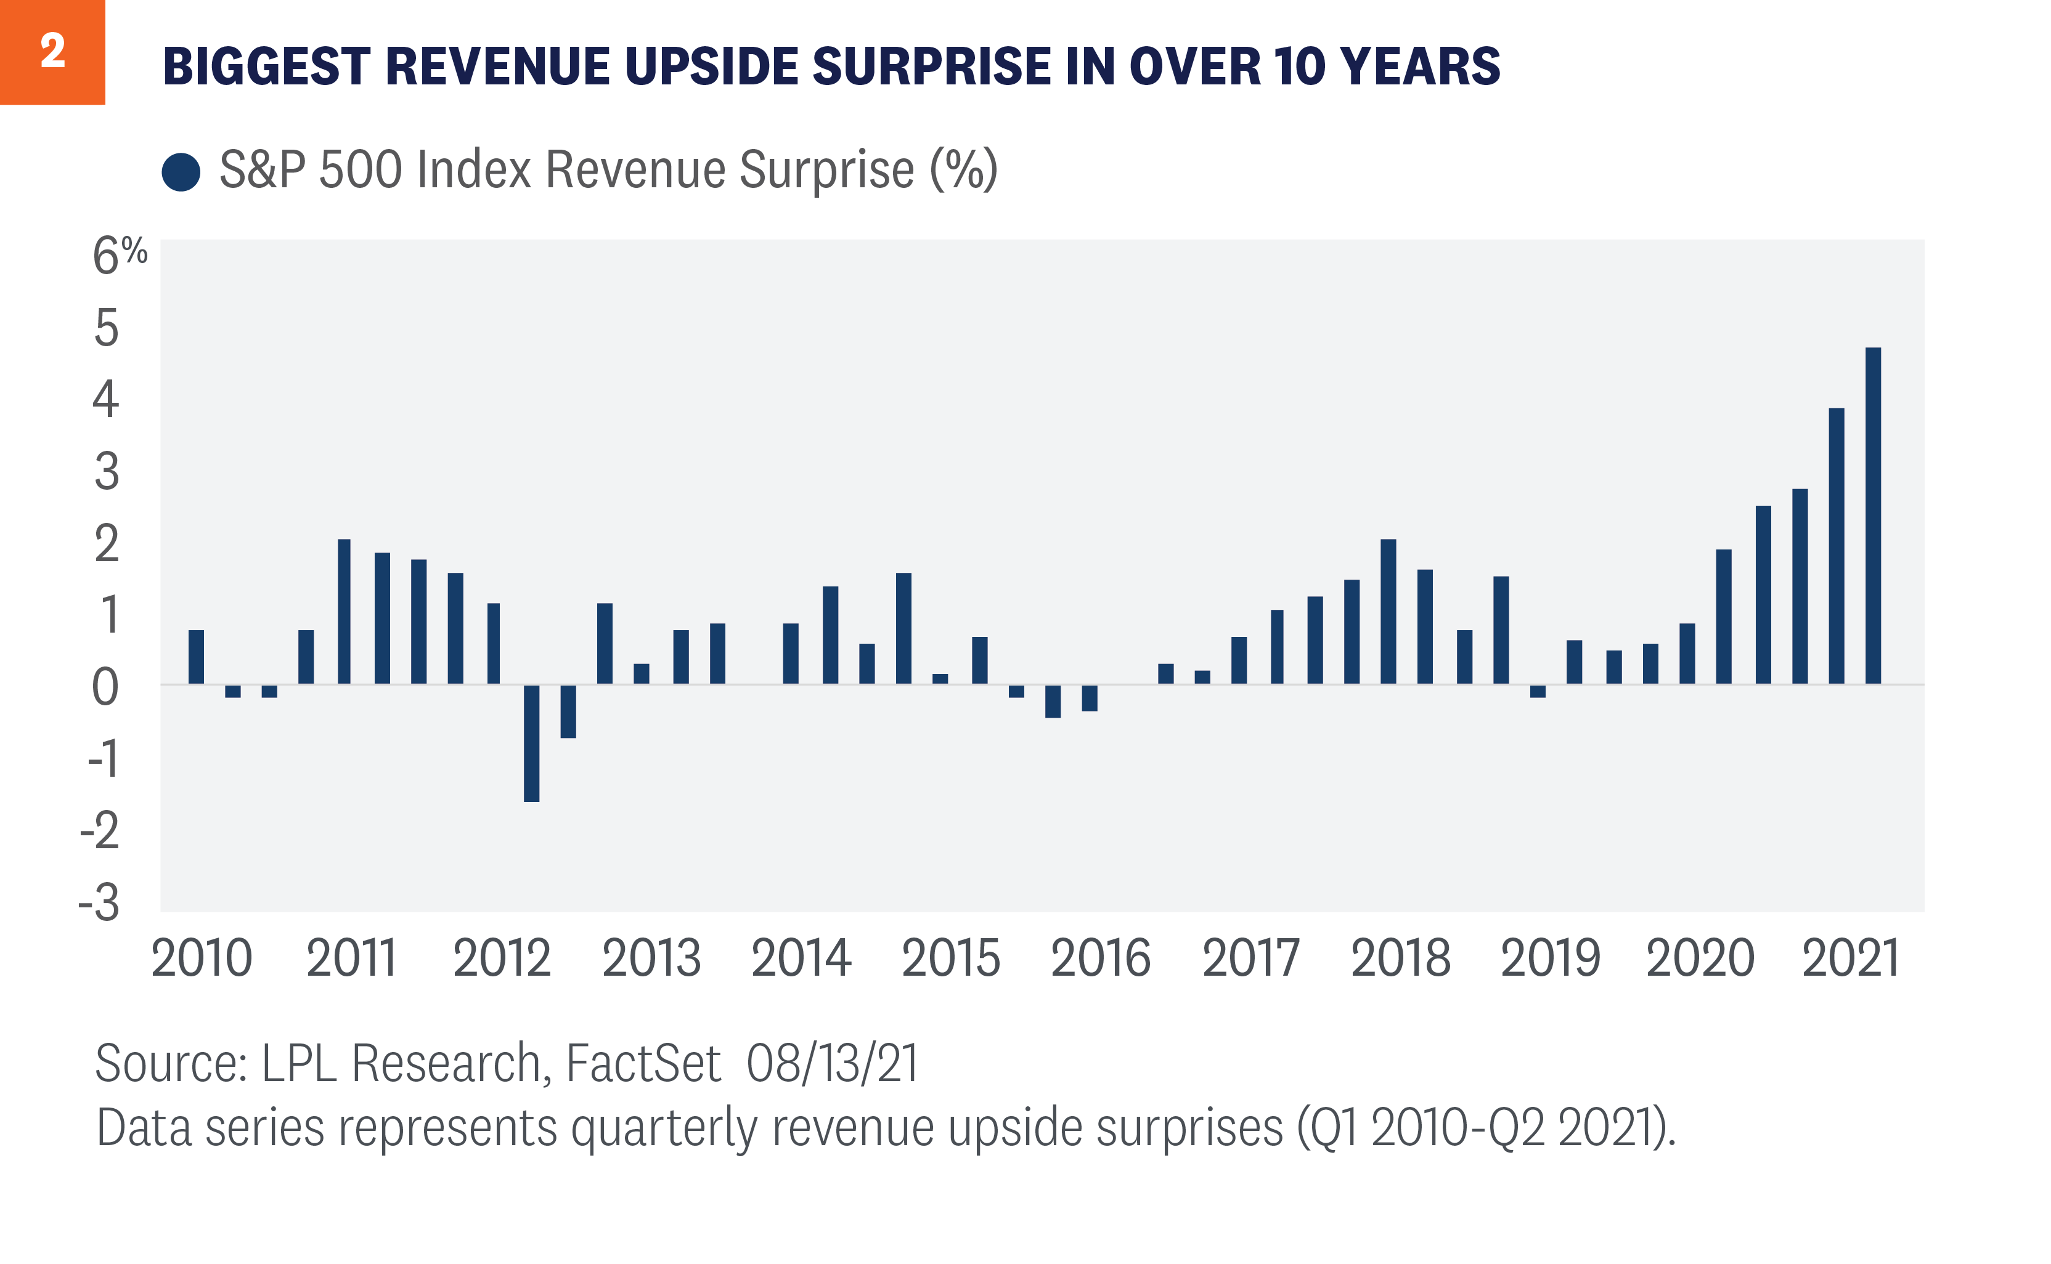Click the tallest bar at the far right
tap(1873, 515)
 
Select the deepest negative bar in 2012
tap(531, 742)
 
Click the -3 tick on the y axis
tap(99, 903)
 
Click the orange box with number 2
tap(52, 52)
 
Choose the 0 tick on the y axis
tap(105, 688)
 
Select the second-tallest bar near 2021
tap(1836, 545)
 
